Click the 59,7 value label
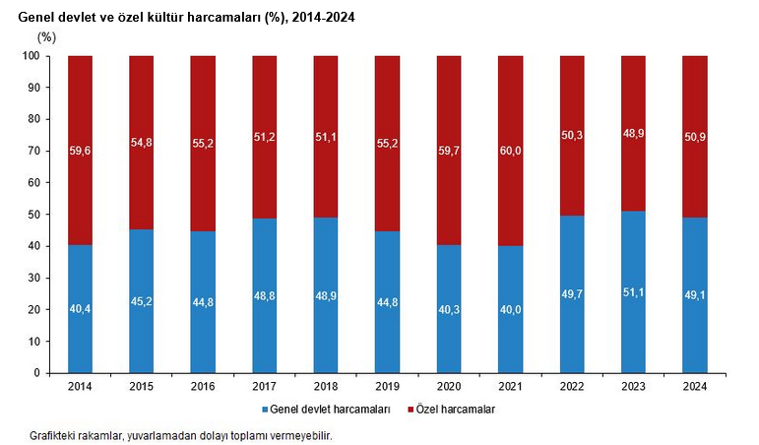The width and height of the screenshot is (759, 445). (x=450, y=150)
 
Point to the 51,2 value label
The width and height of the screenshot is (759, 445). (x=265, y=137)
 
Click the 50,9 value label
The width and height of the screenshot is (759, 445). (x=695, y=137)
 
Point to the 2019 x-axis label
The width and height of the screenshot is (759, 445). (x=388, y=387)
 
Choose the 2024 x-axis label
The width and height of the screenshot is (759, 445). (x=695, y=387)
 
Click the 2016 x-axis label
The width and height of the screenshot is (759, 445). (x=204, y=387)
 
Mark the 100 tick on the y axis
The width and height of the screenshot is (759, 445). (x=30, y=56)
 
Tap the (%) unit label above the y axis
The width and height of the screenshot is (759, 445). (x=46, y=36)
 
